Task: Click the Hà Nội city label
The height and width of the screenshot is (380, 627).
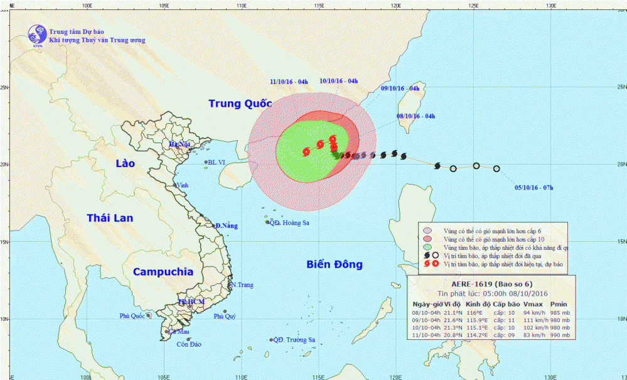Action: pos(179,144)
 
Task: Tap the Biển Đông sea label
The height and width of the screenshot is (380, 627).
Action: pos(335,264)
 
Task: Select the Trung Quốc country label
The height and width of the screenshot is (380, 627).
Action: pos(238,103)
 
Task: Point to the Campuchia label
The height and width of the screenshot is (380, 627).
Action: pos(163,272)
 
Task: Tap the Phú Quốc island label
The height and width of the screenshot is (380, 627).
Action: pos(132,316)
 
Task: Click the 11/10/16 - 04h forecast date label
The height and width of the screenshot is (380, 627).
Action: pos(289,82)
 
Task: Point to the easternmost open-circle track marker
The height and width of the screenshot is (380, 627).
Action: pos(496,168)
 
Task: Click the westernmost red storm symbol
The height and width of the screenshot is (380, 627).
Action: pos(306,151)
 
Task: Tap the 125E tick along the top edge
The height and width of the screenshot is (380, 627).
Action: pos(473,6)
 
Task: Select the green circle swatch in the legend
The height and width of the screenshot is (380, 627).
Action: pos(427,247)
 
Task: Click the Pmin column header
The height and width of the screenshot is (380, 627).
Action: pos(559,303)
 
